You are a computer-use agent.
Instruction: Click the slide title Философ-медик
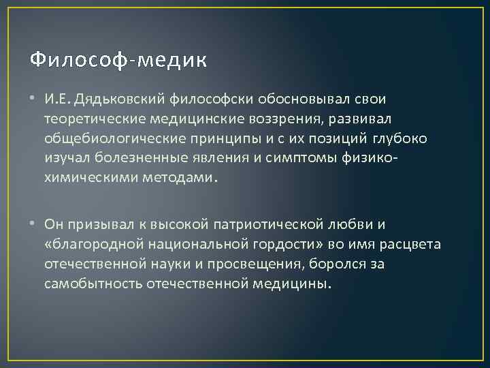click(118, 61)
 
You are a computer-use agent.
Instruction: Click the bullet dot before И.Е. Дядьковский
click(35, 100)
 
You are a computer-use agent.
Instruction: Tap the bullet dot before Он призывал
click(35, 224)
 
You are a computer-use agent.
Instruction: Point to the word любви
click(346, 224)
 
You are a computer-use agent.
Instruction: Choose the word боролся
click(349, 264)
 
